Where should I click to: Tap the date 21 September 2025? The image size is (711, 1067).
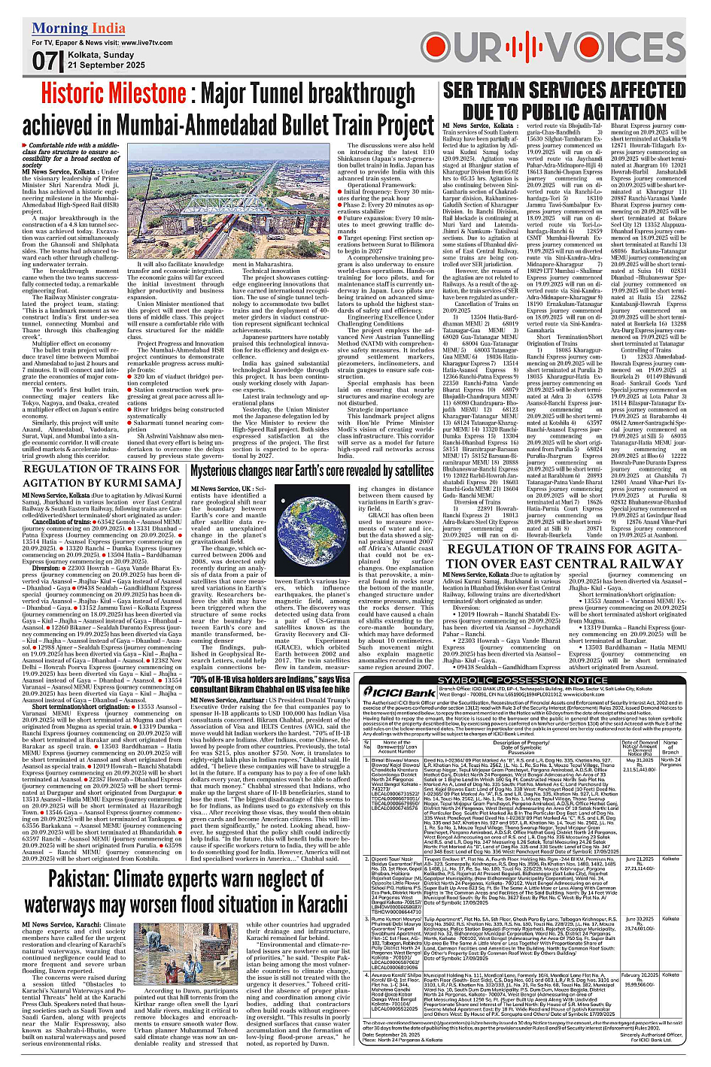(106, 65)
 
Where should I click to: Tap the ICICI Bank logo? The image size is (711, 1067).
(410, 692)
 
